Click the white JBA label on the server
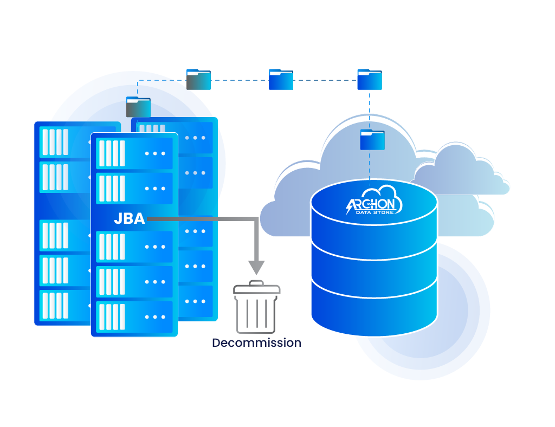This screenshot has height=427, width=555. click(129, 219)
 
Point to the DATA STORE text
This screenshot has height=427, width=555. click(374, 212)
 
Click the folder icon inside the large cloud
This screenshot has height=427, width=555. click(372, 140)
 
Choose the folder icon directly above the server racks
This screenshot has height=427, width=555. click(138, 107)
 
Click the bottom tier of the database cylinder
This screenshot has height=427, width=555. click(374, 309)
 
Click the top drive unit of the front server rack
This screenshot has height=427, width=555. click(134, 153)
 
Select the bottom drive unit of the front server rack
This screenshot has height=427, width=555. click(134, 317)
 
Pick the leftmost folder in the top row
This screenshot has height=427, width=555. click(198, 79)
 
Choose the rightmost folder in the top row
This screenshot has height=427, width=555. click(369, 80)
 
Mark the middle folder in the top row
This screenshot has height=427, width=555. click(281, 80)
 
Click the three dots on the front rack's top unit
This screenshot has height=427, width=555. click(155, 153)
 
